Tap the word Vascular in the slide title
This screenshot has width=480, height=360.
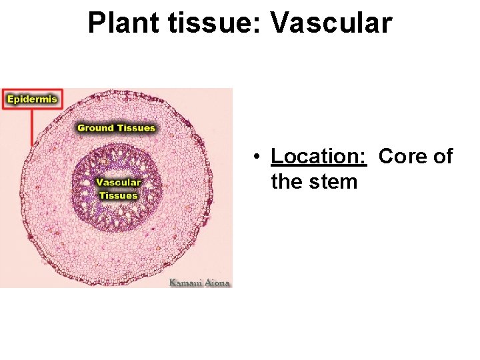pos(331,23)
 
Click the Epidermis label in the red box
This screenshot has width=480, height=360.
pos(31,100)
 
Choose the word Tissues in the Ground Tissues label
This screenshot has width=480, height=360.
pos(136,127)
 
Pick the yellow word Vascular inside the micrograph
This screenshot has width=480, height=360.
pos(118,182)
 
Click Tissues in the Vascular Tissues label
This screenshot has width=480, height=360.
pos(118,195)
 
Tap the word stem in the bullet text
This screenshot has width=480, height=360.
pos(335,181)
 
